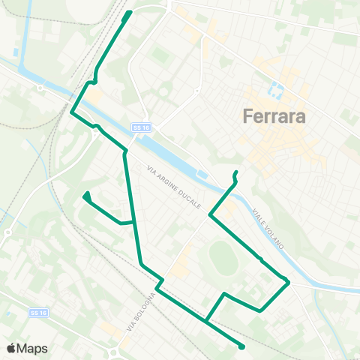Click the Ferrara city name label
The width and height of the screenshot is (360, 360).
click(x=271, y=117)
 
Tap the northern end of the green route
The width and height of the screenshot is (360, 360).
click(x=129, y=13)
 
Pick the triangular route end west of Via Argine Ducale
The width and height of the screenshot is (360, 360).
click(x=87, y=196)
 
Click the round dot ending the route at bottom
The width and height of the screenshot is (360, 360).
click(x=242, y=346)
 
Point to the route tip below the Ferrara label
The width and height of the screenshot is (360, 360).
click(x=235, y=174)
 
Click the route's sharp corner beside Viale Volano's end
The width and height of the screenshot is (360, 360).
click(x=289, y=282)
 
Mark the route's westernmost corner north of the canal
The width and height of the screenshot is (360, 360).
click(x=72, y=112)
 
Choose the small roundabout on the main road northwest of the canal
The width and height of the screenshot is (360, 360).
click(x=38, y=87)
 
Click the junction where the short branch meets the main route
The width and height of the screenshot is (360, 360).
click(x=134, y=222)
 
